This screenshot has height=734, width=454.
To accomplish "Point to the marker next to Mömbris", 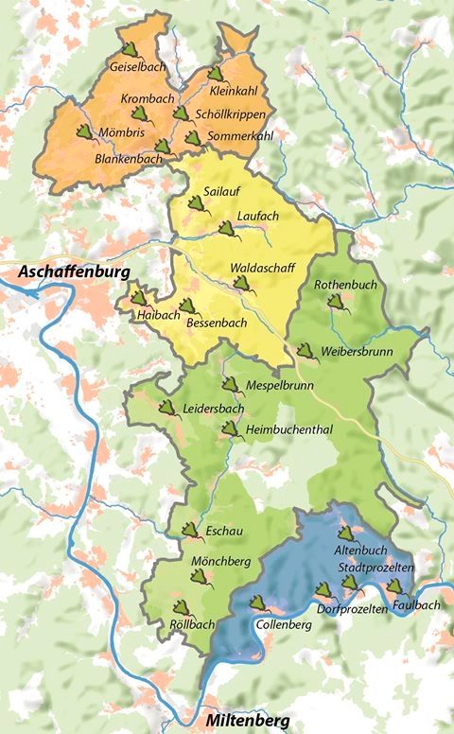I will click(x=84, y=131).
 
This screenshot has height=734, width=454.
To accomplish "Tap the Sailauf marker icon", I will click(x=197, y=202).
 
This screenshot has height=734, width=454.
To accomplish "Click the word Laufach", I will click(x=258, y=216).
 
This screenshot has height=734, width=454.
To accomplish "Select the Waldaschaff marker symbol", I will click(x=242, y=282).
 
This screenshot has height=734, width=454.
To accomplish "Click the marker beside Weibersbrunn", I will click(x=306, y=352).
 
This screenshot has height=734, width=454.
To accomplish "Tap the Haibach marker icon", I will click(x=139, y=298).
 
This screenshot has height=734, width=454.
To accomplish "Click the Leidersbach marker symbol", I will click(x=167, y=408).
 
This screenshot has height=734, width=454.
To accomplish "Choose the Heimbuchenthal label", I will click(x=288, y=429).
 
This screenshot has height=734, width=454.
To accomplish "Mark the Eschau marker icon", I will click(x=190, y=530).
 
